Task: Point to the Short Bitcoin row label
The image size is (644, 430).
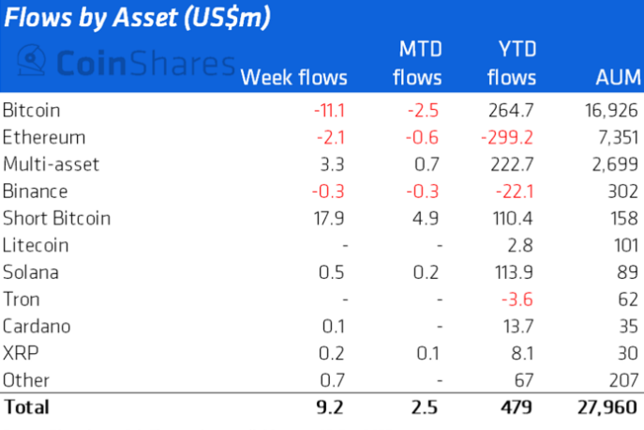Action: tap(56, 219)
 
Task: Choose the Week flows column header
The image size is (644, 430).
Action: tap(294, 77)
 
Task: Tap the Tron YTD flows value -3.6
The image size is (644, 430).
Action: tap(518, 299)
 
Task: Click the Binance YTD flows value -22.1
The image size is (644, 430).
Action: tap(515, 192)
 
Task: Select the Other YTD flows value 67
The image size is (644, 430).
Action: tap(524, 380)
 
